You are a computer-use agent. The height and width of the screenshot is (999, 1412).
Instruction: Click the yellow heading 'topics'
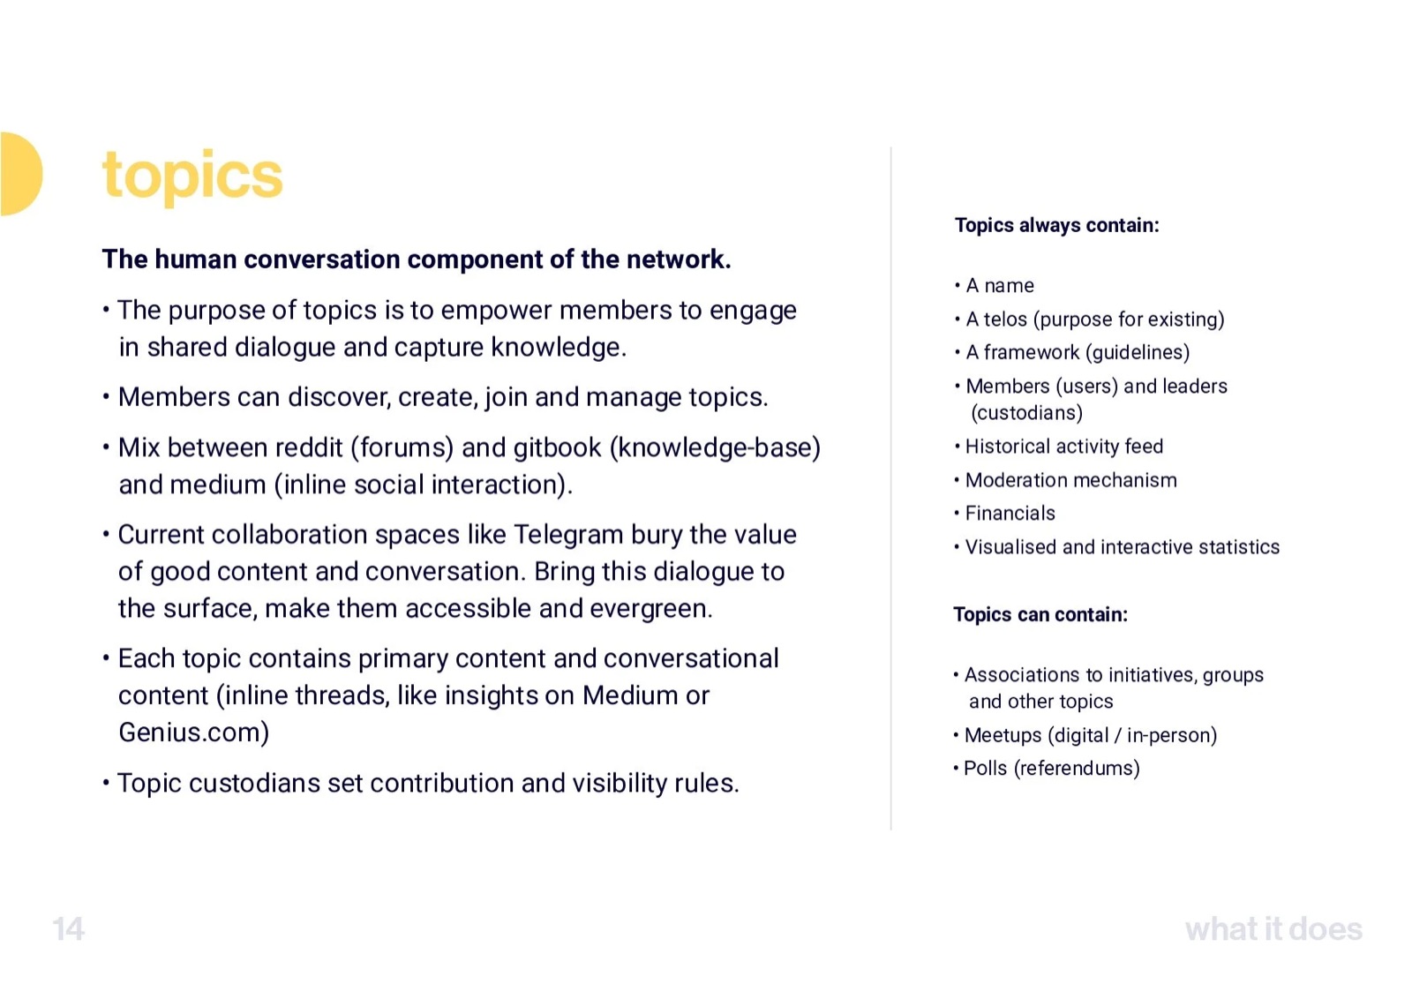[x=192, y=176]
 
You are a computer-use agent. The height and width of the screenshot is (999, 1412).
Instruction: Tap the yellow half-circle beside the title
[x=20, y=174]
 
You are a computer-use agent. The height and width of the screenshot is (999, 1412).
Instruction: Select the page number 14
[x=68, y=929]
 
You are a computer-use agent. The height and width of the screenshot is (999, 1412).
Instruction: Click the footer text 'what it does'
[x=1273, y=929]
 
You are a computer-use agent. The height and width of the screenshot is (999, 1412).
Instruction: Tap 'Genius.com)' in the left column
[x=194, y=732]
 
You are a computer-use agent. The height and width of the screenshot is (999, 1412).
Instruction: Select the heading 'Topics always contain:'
[x=1056, y=225]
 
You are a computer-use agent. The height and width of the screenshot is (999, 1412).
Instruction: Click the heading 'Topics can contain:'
[x=1040, y=614]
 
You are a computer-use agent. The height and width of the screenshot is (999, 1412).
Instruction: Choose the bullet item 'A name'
[x=1000, y=286]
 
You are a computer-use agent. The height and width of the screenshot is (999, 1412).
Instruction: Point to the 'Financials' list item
[x=1010, y=513]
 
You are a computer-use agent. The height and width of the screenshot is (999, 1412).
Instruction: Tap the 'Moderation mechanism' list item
[x=1070, y=480]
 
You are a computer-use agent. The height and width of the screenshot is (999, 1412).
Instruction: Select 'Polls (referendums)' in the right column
[x=1051, y=769]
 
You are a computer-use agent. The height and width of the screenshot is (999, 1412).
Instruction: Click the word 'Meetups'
[x=1003, y=735]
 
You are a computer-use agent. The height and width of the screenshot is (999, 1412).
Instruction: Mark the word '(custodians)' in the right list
[x=1026, y=413]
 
